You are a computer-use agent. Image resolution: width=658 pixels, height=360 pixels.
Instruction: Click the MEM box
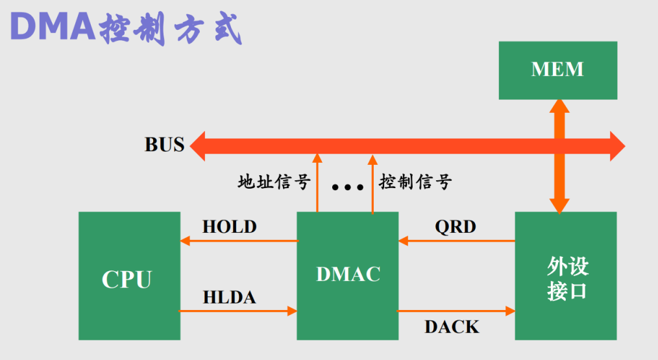(557, 70)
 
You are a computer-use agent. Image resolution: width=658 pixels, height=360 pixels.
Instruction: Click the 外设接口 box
(566, 276)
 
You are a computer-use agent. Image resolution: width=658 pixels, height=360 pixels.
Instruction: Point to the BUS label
(164, 145)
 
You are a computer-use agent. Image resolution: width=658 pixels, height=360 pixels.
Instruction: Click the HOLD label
(229, 227)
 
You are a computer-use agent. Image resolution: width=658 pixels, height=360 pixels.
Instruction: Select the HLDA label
(229, 298)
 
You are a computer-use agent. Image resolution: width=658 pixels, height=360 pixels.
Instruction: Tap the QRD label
(455, 227)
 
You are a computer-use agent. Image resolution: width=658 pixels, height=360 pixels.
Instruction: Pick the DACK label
(452, 327)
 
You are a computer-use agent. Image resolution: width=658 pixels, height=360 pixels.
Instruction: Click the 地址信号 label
(274, 182)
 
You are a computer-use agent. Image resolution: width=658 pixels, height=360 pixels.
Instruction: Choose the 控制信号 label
(415, 182)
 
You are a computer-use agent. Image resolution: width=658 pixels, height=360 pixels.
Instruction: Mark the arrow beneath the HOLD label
(239, 241)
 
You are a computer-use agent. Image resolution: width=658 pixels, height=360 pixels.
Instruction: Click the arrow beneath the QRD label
(457, 241)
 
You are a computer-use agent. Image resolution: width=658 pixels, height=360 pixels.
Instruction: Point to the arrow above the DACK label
(456, 311)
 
